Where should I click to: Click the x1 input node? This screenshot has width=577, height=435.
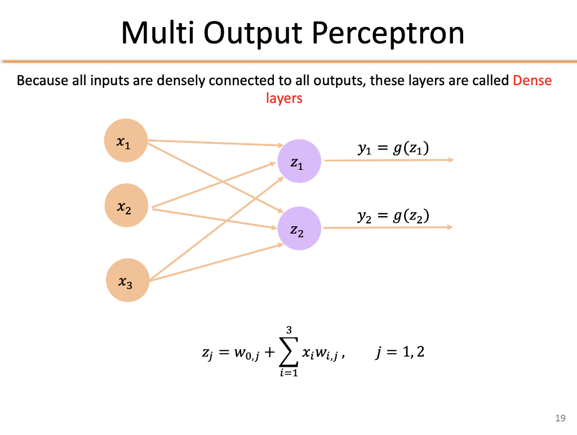[x=126, y=140]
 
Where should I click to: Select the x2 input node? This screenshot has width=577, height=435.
[x=127, y=206]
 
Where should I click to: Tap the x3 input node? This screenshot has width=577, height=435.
[x=128, y=280]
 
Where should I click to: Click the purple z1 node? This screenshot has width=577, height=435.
[x=299, y=161]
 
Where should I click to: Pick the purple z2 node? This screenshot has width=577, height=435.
[x=300, y=228]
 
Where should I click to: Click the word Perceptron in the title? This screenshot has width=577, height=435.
[x=388, y=33]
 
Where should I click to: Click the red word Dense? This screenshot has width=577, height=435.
[x=532, y=81]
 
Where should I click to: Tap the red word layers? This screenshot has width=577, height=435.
[x=284, y=98]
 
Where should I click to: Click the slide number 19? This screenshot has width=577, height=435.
[x=560, y=418]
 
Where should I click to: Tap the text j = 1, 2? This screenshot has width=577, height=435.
[x=398, y=353]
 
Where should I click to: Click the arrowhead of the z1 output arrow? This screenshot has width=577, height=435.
[x=451, y=160]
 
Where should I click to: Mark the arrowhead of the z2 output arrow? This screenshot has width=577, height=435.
[x=451, y=227]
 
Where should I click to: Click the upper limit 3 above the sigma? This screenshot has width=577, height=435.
[x=288, y=329]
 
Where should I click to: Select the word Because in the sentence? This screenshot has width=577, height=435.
[x=43, y=81]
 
